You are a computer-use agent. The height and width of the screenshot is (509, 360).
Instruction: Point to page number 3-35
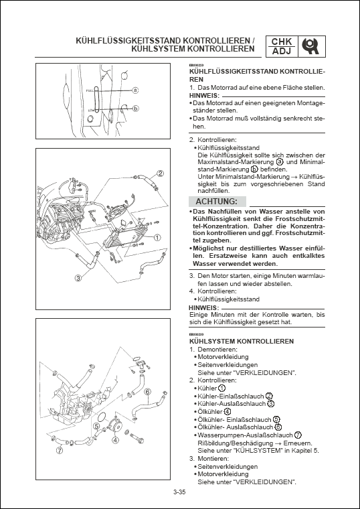(179, 494)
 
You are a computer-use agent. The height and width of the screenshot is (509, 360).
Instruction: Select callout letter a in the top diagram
(135, 89)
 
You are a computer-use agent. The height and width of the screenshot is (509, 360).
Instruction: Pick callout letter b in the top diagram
(135, 108)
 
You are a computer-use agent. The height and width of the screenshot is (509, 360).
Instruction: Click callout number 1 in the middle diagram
(157, 237)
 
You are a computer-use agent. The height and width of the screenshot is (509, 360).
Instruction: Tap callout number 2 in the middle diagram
(161, 174)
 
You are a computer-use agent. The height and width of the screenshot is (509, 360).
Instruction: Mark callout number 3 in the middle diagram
(78, 277)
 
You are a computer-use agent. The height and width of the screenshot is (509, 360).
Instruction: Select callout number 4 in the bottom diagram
(115, 440)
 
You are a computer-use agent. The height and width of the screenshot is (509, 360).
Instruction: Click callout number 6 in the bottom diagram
(147, 391)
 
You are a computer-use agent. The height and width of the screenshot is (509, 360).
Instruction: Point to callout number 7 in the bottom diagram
(60, 451)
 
